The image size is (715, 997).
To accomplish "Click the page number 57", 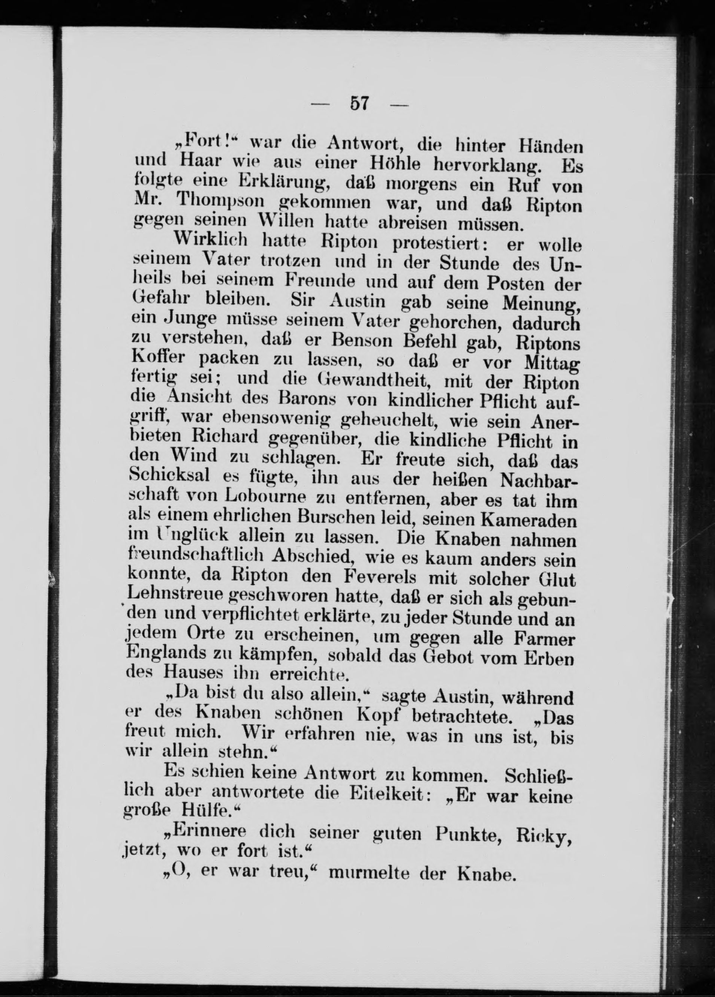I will (359, 104).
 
